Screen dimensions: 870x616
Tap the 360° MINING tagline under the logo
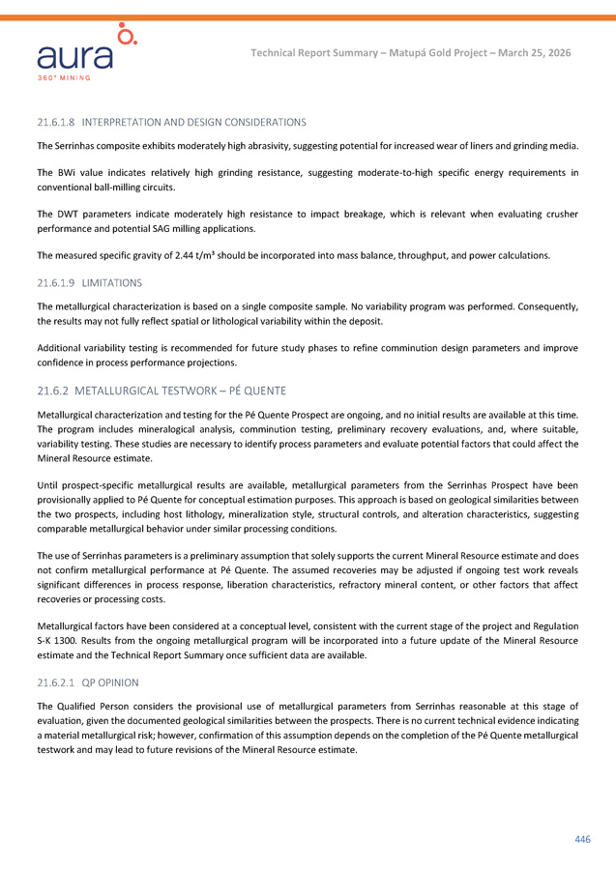coord(65,76)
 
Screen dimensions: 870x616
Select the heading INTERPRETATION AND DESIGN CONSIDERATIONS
coord(193,123)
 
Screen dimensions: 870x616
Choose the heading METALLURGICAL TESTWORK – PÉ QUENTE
coord(180,391)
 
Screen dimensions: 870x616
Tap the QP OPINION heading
coord(109,682)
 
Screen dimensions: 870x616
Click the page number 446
coord(582,839)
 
